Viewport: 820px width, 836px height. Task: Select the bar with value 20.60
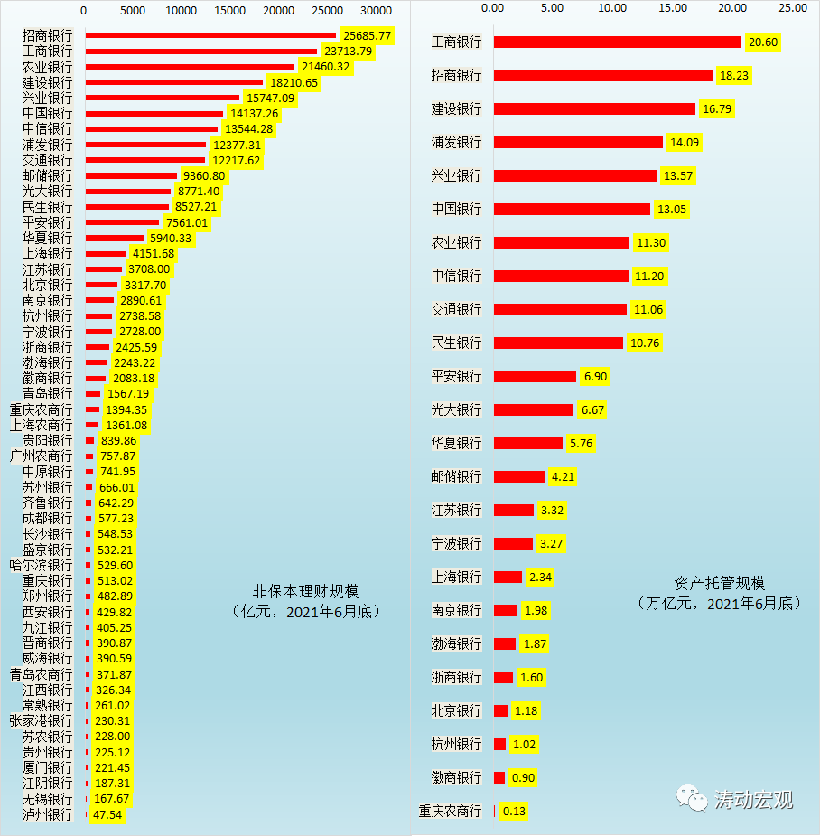[618, 42]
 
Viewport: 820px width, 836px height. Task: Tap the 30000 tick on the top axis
[375, 10]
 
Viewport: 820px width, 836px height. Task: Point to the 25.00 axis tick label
[792, 7]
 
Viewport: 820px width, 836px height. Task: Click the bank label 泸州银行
[47, 814]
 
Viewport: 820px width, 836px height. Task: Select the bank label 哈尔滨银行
[41, 565]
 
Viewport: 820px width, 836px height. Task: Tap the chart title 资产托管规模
[720, 583]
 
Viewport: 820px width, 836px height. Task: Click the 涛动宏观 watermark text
[753, 800]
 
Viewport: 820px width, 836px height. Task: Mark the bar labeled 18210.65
[174, 82]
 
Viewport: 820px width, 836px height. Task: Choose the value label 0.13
[514, 811]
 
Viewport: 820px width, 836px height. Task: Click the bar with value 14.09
[578, 142]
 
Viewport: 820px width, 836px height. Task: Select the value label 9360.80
[201, 175]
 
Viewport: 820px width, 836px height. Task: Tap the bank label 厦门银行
[47, 767]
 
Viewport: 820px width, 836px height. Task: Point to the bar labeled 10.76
[558, 343]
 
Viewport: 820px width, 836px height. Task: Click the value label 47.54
[107, 814]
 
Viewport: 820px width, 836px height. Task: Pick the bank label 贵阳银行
[47, 440]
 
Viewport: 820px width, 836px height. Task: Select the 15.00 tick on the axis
[672, 7]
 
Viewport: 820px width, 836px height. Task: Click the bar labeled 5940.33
[115, 238]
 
